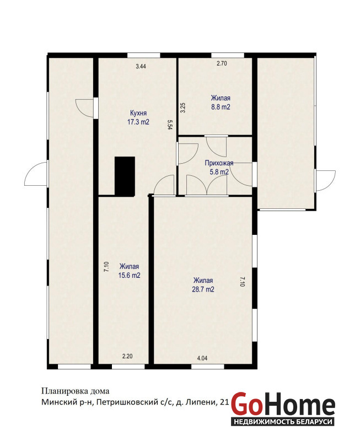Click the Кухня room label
pyautogui.click(x=138, y=113)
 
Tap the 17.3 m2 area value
pyautogui.click(x=138, y=122)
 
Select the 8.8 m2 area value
pyautogui.click(x=221, y=107)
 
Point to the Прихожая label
pyautogui.click(x=219, y=163)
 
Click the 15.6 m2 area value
pyautogui.click(x=129, y=275)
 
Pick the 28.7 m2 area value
pyautogui.click(x=203, y=289)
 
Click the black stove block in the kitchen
pyautogui.click(x=125, y=176)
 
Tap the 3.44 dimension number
pyautogui.click(x=141, y=66)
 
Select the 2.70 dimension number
pyautogui.click(x=222, y=63)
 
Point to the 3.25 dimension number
pyautogui.click(x=183, y=107)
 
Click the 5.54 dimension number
pyautogui.click(x=170, y=125)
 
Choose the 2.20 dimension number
pyautogui.click(x=127, y=356)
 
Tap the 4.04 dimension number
pyautogui.click(x=202, y=358)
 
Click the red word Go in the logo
pyautogui.click(x=246, y=405)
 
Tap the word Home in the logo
pyautogui.click(x=298, y=405)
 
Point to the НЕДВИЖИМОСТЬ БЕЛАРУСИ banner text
pyautogui.click(x=283, y=422)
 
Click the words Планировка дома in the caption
pyautogui.click(x=76, y=391)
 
